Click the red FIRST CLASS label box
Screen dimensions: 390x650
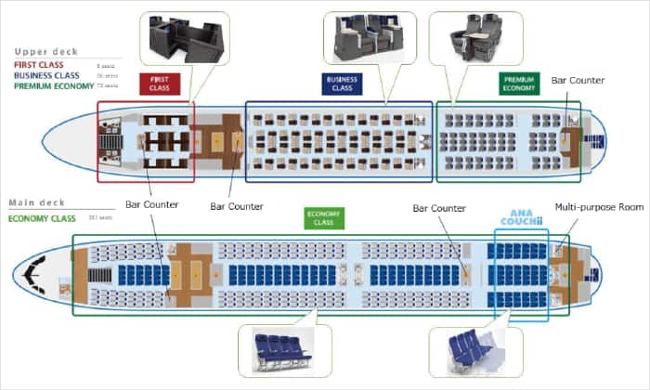(x=159, y=84)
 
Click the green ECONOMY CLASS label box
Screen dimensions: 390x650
(x=324, y=217)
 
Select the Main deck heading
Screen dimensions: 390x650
(x=36, y=202)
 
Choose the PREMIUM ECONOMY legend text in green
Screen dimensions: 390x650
(x=53, y=86)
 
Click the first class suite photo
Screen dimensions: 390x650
(x=185, y=39)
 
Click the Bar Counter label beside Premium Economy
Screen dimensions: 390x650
(x=578, y=81)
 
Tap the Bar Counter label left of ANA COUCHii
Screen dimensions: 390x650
(x=439, y=209)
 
